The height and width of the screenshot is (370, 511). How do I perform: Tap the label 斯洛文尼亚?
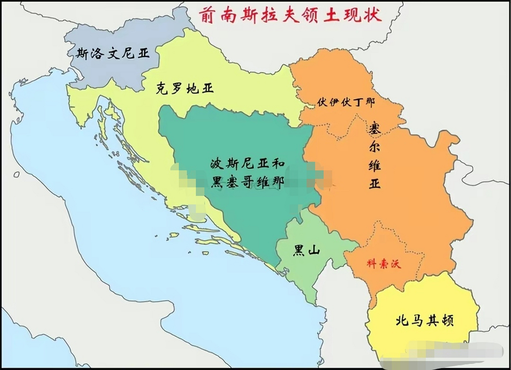click(113, 53)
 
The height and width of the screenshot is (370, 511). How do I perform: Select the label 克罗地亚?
click(185, 88)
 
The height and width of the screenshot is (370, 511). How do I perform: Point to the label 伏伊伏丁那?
click(346, 102)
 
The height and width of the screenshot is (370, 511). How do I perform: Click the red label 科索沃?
click(384, 264)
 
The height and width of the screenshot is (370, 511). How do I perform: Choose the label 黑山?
click(306, 250)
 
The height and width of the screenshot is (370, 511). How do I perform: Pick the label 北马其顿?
click(424, 320)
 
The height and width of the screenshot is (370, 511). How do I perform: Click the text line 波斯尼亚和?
click(247, 164)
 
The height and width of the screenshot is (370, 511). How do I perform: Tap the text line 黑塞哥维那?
click(247, 182)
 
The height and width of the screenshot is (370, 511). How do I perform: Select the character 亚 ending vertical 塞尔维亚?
click(375, 183)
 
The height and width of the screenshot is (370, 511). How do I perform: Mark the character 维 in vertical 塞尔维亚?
click(375, 165)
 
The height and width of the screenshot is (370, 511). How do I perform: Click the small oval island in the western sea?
click(16, 175)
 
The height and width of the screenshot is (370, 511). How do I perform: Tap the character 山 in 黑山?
click(314, 250)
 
